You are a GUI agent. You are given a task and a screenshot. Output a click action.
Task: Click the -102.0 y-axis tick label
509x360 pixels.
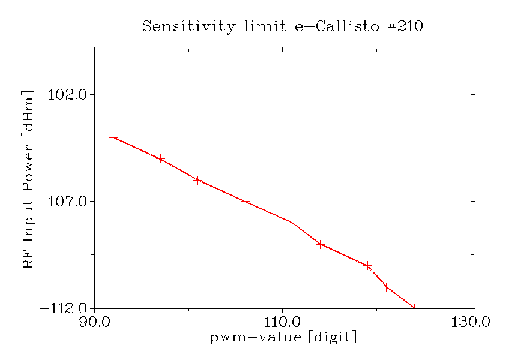point(63,95)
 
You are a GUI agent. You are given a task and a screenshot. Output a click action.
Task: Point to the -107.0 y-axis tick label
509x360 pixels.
point(63,202)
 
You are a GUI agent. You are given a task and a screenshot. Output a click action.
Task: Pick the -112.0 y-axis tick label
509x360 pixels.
point(63,308)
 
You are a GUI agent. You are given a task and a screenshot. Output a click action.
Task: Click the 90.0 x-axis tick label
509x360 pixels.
point(94,322)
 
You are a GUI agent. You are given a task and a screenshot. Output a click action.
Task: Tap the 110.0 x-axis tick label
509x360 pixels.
point(283,322)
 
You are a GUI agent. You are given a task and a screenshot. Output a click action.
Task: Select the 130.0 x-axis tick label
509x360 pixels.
point(471,322)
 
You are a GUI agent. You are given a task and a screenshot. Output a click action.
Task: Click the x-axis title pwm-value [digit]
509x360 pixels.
point(283,337)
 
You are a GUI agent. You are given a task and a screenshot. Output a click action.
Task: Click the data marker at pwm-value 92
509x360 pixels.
point(113,137)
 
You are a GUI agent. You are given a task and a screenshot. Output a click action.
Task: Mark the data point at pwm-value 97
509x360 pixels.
point(160,158)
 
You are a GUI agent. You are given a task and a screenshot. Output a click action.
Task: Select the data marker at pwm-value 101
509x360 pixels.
point(197,180)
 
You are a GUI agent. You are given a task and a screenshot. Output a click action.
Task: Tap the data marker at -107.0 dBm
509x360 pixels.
point(245,201)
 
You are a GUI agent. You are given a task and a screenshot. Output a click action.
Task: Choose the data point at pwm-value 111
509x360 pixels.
point(292,223)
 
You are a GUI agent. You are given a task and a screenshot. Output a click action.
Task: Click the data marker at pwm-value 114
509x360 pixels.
point(321,244)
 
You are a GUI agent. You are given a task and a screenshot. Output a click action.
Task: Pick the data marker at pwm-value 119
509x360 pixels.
point(367,266)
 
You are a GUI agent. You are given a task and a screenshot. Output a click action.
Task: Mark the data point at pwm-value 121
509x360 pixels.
point(387,287)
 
